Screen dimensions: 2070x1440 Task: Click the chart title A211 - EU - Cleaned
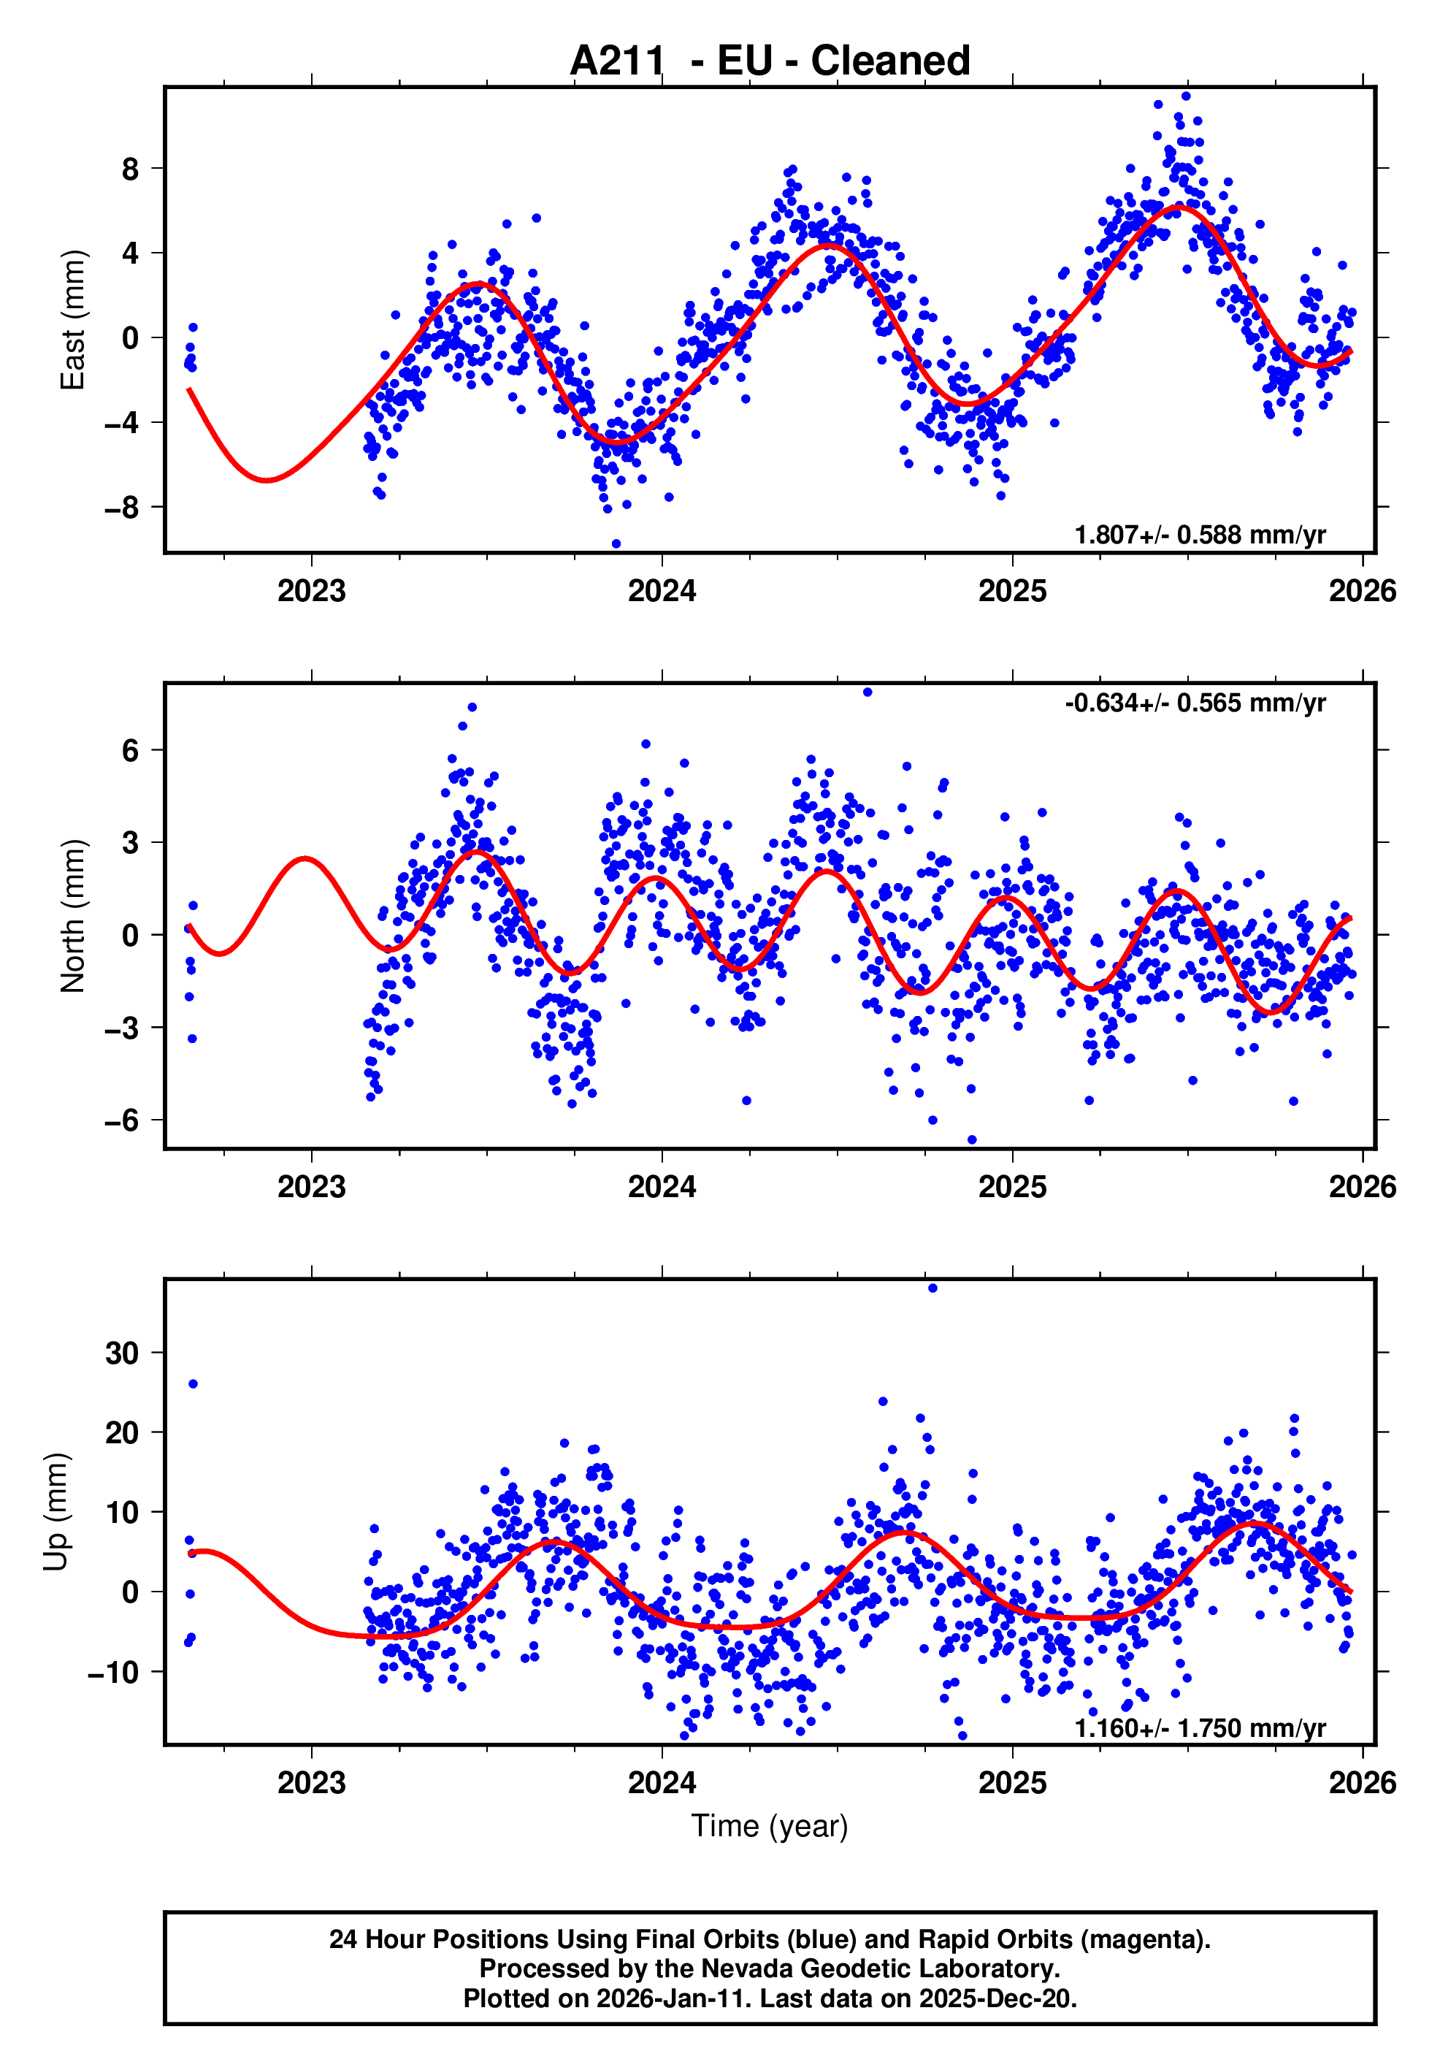click(x=770, y=61)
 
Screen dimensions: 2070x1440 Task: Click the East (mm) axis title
click(x=72, y=320)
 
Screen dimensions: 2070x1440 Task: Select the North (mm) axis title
click(x=72, y=916)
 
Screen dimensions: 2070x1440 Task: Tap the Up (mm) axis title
click(x=56, y=1512)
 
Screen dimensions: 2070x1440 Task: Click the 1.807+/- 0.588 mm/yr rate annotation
click(x=1200, y=535)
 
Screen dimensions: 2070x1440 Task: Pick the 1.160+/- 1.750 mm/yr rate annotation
click(x=1200, y=1727)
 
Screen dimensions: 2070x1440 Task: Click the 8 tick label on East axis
click(x=131, y=169)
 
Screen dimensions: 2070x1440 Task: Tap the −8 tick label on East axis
click(x=122, y=508)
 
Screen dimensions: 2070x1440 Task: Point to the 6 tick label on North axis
click(x=131, y=750)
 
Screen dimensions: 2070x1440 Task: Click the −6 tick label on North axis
click(x=122, y=1120)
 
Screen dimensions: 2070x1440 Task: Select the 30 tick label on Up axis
click(x=122, y=1352)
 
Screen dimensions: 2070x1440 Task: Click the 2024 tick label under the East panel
click(x=662, y=592)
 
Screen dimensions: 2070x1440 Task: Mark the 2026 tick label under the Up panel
click(x=1362, y=1782)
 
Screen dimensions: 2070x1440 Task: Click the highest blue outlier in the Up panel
click(x=932, y=1288)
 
